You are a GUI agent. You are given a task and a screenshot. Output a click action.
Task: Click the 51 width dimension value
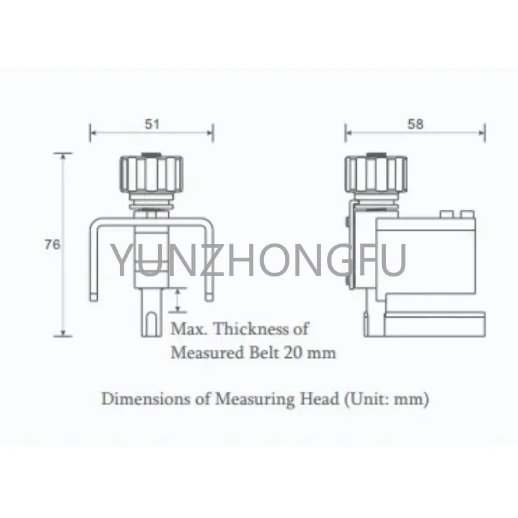[x=152, y=124]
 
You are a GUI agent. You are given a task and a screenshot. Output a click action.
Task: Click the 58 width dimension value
[x=416, y=124]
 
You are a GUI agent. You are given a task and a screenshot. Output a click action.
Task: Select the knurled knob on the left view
[x=152, y=173]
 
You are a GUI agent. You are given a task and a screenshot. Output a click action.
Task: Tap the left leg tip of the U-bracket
[x=94, y=297]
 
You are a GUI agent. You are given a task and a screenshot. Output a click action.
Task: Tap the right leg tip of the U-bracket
[x=208, y=297]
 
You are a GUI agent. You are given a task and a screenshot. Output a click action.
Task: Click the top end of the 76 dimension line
[x=63, y=153]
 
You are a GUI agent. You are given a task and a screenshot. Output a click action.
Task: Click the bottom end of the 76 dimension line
[x=63, y=335]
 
